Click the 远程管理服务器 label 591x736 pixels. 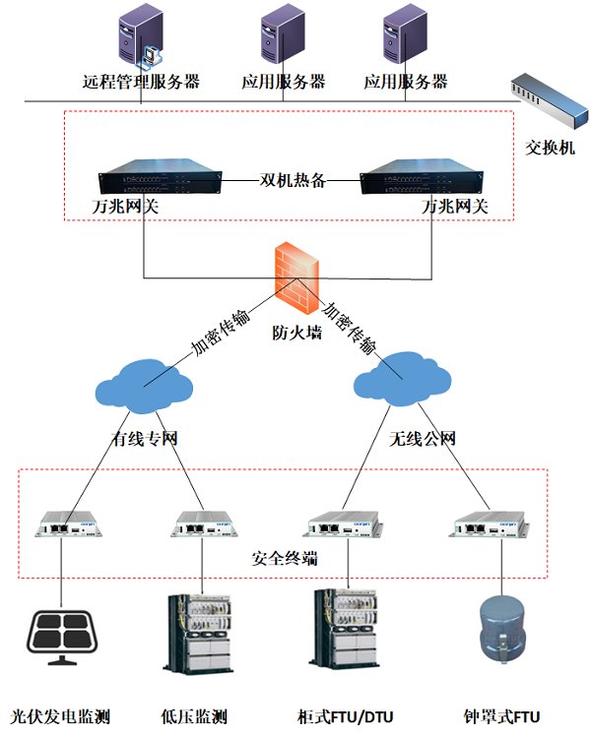click(x=141, y=82)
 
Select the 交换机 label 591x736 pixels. click(x=550, y=148)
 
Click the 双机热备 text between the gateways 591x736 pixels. click(x=292, y=180)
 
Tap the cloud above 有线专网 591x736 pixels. click(x=145, y=383)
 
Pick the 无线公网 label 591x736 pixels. click(x=423, y=438)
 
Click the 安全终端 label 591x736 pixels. click(x=284, y=558)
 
